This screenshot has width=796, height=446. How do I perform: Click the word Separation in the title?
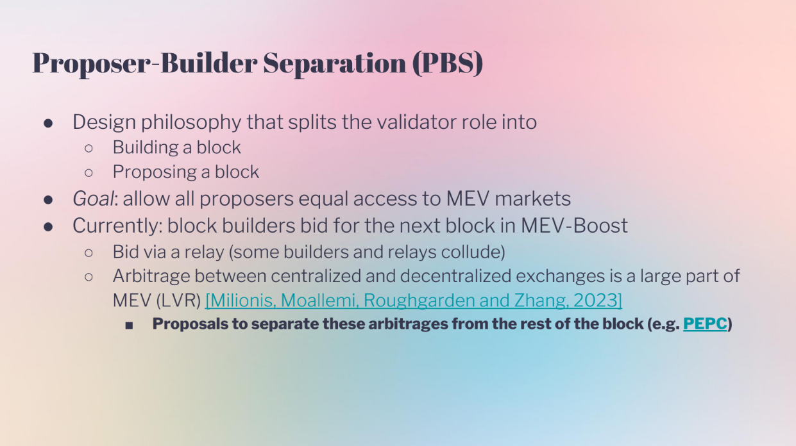tap(334, 63)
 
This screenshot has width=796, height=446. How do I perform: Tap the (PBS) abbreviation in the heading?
tap(448, 63)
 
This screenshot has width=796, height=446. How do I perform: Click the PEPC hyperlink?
tap(705, 324)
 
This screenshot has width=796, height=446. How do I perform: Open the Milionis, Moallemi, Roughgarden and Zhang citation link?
tap(414, 301)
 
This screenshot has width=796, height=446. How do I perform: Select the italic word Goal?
tap(94, 198)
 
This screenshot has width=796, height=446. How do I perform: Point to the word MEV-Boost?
tap(574, 226)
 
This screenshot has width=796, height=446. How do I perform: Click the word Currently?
tap(117, 226)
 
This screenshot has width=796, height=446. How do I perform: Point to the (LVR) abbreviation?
tap(179, 301)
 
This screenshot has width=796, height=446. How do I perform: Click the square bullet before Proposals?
tap(129, 326)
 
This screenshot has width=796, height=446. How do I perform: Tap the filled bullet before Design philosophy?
tap(48, 123)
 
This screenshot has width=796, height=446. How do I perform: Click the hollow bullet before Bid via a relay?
tap(89, 253)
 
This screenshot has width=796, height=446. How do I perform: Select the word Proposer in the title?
tap(92, 64)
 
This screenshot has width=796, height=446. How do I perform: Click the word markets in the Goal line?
tap(532, 198)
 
